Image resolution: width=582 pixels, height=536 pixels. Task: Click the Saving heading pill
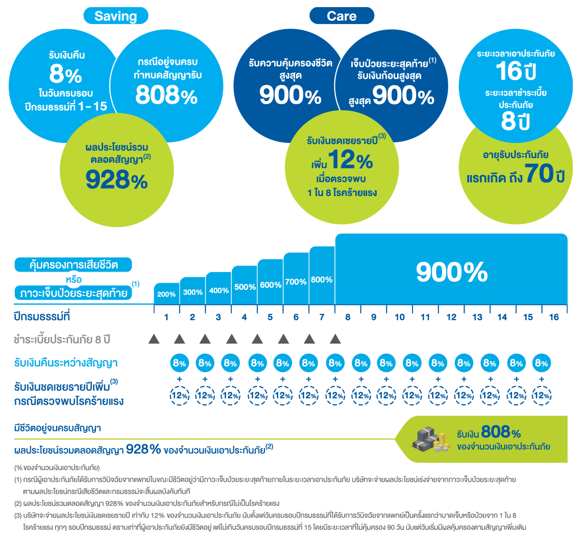(116, 16)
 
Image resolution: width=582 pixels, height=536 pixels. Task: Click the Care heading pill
(342, 16)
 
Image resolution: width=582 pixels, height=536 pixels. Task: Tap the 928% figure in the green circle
(116, 180)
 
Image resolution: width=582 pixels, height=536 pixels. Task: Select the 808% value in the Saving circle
(166, 94)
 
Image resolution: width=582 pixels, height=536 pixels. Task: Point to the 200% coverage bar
(166, 294)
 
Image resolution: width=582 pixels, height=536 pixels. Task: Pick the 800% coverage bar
(322, 276)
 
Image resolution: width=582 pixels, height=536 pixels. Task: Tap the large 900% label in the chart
(452, 272)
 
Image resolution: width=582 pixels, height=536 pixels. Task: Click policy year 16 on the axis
(554, 317)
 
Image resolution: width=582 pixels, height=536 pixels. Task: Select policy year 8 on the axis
(348, 317)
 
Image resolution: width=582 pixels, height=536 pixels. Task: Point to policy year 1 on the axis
(166, 317)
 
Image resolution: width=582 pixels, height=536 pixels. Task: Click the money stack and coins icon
(429, 439)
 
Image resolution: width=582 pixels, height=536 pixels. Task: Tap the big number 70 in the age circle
(540, 174)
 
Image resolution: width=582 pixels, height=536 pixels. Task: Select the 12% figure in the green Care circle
(350, 160)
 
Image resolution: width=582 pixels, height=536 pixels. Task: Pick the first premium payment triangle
(154, 338)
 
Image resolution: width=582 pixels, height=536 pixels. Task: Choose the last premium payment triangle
(335, 338)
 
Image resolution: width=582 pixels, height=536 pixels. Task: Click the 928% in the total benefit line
(143, 449)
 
